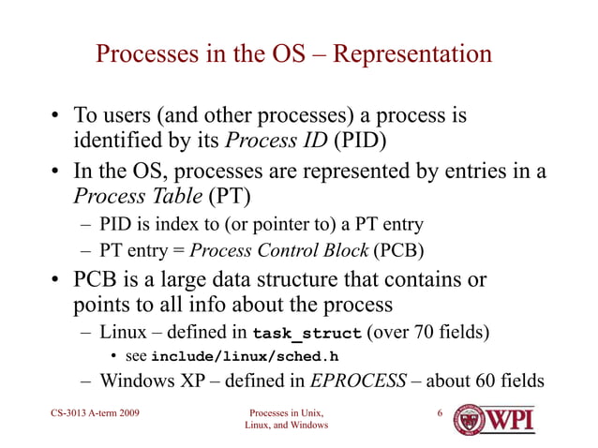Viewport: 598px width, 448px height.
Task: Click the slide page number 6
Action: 438,413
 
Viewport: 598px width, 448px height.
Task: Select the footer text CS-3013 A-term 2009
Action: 90,413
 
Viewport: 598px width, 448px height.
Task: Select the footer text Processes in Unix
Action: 286,413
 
